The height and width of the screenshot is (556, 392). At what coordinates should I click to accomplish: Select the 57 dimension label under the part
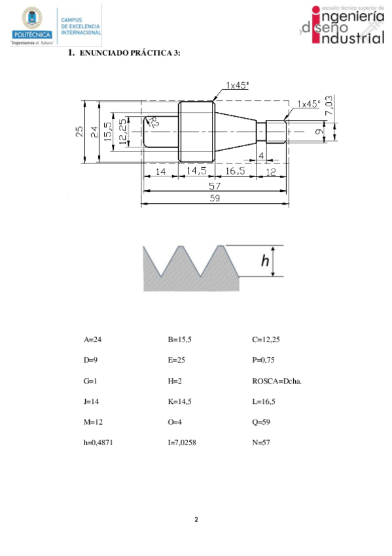click(x=215, y=186)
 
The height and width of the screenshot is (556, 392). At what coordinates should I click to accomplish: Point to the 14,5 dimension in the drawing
click(x=196, y=171)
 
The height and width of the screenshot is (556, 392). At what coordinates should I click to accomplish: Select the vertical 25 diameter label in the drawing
click(x=79, y=132)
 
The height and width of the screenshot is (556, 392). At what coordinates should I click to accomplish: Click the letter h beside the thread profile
click(x=265, y=261)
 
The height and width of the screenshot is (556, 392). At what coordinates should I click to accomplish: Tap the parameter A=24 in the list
click(x=94, y=340)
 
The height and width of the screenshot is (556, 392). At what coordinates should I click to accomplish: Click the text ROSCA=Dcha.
click(x=277, y=381)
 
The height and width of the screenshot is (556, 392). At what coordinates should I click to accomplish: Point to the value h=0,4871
click(x=100, y=443)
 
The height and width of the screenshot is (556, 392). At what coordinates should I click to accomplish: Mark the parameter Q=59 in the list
click(x=177, y=422)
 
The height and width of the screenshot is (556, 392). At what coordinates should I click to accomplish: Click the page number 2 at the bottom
click(x=196, y=520)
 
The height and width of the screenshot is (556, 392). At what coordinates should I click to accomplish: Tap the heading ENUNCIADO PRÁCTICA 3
click(x=129, y=52)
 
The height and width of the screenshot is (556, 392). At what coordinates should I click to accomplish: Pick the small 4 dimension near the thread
click(x=261, y=155)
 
